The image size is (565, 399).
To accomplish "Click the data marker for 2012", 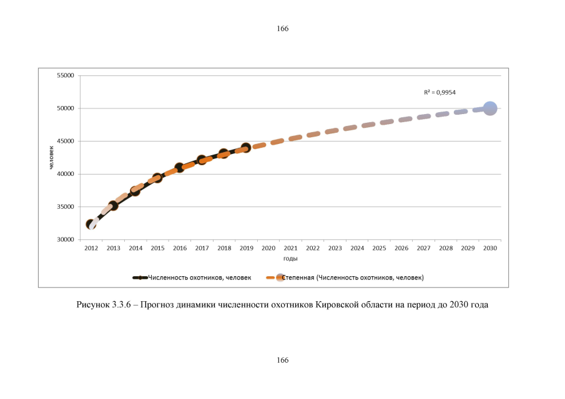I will (91, 224).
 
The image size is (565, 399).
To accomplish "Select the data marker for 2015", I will (157, 178).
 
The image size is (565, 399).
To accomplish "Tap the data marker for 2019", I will (246, 148).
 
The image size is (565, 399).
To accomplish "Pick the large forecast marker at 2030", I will (490, 108).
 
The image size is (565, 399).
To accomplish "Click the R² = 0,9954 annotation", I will (440, 92).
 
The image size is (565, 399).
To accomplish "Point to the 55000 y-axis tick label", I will (66, 75).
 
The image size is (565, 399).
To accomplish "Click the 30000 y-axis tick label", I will (66, 239).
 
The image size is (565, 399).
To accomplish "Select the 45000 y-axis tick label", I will (66, 141).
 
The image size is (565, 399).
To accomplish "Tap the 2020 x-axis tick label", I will (268, 248).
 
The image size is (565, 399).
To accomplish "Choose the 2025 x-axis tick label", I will (379, 248).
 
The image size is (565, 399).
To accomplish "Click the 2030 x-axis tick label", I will (490, 248).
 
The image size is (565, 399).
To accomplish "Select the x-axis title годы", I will (290, 258).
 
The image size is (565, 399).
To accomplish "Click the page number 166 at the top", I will (282, 28).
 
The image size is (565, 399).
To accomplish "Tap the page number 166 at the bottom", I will (282, 360).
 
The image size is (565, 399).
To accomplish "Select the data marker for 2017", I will (202, 160).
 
